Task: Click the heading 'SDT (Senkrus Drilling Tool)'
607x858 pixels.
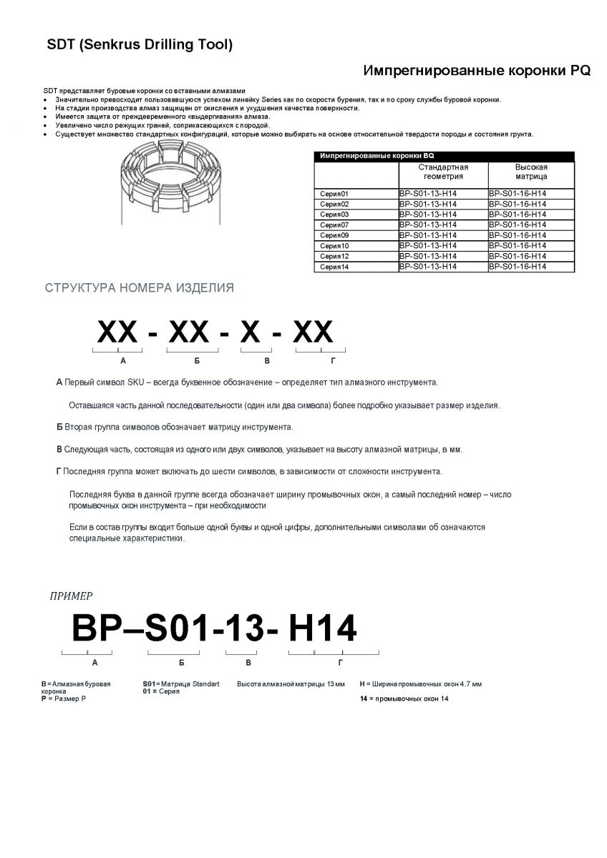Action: (x=139, y=46)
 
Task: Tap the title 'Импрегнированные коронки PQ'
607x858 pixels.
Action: (x=477, y=71)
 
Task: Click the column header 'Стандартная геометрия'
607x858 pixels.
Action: (x=443, y=172)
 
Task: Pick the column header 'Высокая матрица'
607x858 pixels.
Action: (x=531, y=172)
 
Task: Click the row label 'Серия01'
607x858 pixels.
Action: (x=334, y=194)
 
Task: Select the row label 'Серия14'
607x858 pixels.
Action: (x=334, y=266)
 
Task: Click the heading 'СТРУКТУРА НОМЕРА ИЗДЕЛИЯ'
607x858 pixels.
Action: (x=139, y=289)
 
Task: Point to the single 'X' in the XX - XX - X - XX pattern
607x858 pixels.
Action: (x=251, y=333)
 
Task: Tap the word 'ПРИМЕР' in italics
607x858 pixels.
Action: (x=71, y=595)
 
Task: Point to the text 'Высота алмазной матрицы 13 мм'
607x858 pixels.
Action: (x=291, y=684)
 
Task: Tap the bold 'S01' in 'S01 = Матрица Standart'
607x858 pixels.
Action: (x=149, y=684)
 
